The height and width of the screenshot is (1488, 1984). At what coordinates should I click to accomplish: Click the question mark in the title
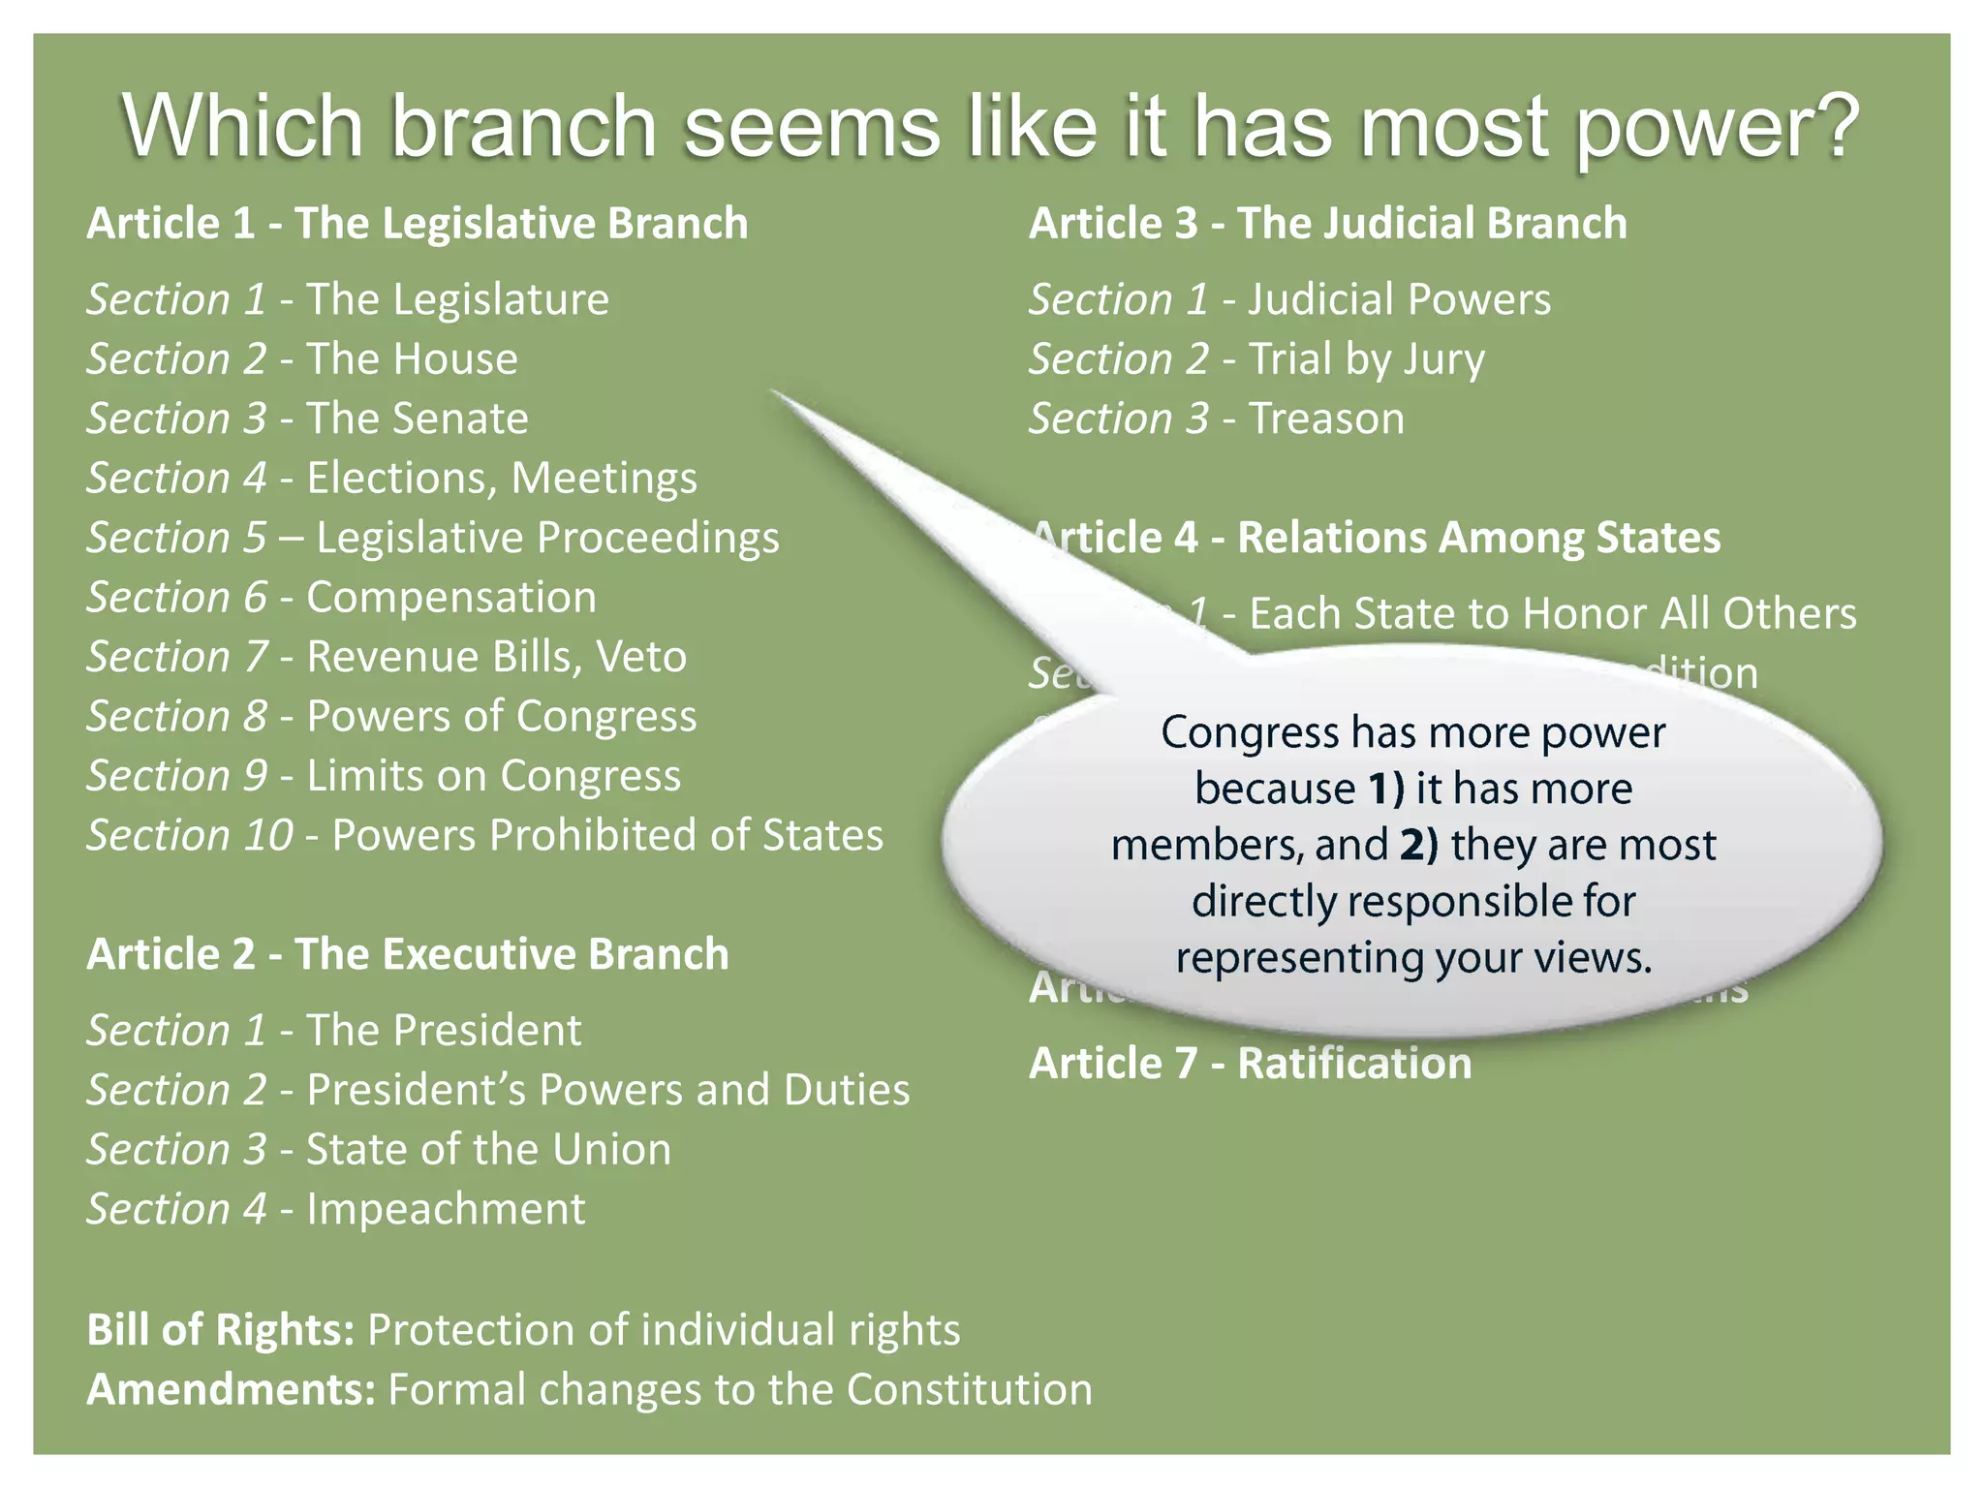click(1829, 126)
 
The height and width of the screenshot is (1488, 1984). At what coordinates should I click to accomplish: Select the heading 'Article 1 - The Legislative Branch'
click(418, 224)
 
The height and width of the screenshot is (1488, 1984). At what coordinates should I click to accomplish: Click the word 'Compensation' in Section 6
click(451, 597)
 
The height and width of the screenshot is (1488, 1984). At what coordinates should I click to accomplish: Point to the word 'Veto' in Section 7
click(641, 657)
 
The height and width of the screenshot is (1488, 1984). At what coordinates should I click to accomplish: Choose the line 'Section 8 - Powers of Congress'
click(391, 716)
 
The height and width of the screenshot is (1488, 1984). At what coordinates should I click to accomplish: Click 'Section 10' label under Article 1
click(190, 835)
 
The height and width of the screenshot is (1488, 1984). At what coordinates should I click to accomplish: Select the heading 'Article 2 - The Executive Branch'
click(408, 954)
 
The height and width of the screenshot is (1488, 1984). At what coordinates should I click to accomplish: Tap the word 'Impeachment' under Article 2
click(446, 1209)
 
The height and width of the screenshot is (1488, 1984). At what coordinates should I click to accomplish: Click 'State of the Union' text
click(488, 1150)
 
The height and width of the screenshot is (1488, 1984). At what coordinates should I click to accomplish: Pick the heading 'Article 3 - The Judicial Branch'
click(1328, 224)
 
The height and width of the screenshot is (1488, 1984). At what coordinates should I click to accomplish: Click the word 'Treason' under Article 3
click(1326, 418)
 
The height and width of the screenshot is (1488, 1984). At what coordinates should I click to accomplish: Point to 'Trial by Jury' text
click(1366, 359)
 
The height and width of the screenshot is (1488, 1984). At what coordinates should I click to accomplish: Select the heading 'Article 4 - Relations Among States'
click(1376, 538)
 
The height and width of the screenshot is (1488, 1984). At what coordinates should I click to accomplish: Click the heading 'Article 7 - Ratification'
click(1251, 1064)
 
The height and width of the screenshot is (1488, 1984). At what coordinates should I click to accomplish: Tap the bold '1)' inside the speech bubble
click(1385, 789)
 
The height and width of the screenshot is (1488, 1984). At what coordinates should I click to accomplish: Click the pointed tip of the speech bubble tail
click(774, 391)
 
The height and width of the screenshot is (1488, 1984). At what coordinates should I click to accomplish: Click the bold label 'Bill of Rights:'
click(221, 1330)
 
